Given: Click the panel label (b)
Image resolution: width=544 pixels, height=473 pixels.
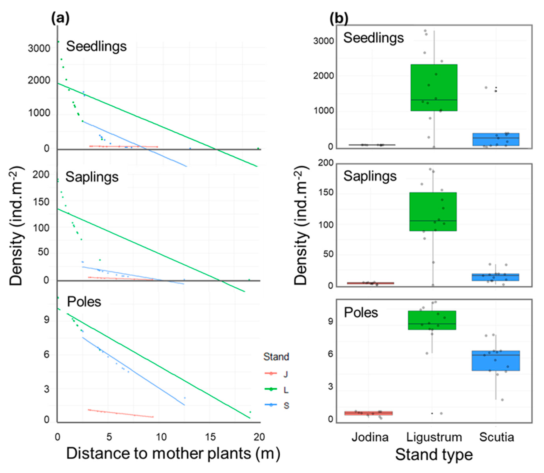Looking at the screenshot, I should (x=339, y=19).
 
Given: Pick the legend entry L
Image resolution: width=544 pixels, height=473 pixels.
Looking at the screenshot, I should (x=285, y=390).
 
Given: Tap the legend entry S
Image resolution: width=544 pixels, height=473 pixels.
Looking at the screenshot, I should (x=286, y=405).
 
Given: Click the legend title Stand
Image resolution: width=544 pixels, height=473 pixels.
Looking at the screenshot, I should (x=276, y=357).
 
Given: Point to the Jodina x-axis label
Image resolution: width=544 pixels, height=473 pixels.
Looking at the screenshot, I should (x=370, y=437).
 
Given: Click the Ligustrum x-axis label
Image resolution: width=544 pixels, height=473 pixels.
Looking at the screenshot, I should (x=434, y=437).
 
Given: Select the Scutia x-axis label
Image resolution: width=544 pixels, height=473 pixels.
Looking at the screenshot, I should (x=497, y=437).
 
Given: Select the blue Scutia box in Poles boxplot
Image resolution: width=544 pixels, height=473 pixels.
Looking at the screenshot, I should (x=496, y=361).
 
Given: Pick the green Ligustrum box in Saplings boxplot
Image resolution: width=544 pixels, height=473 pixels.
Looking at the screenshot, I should (x=433, y=212).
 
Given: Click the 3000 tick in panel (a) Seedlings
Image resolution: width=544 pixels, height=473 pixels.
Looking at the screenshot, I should (x=39, y=49).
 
